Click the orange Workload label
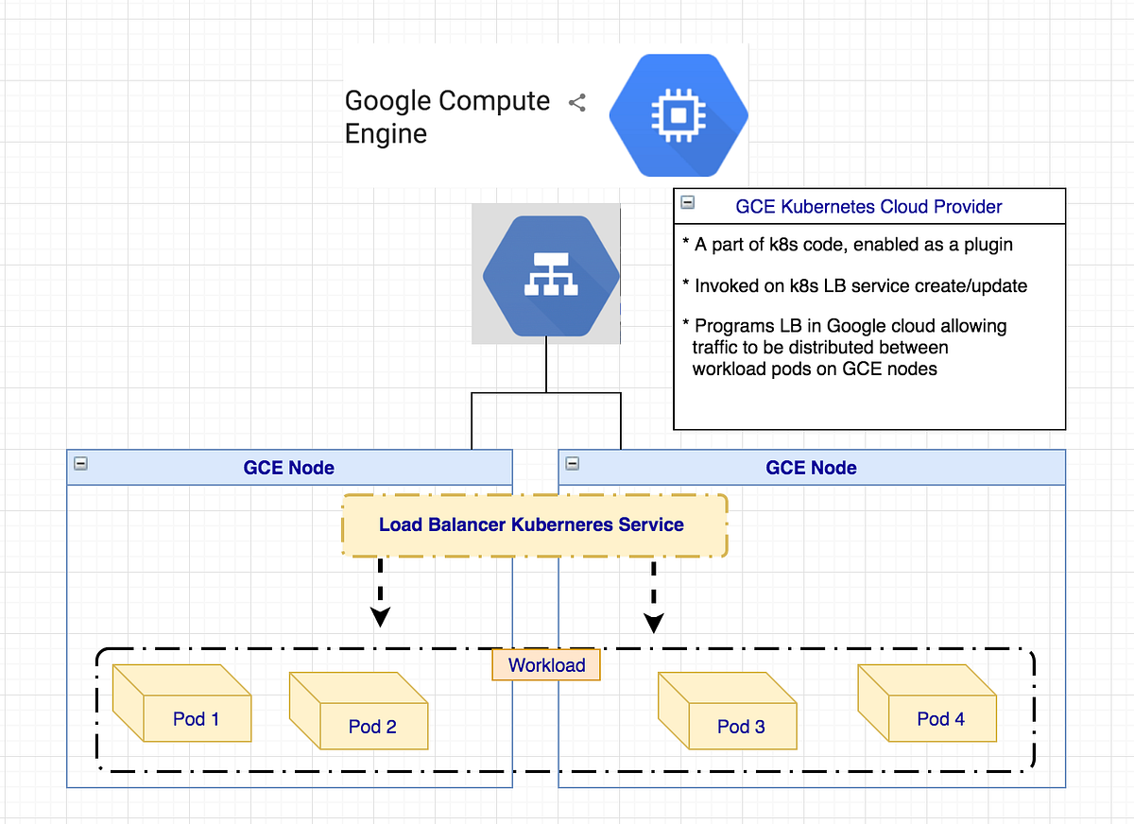coord(546,665)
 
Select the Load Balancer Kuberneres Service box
coord(534,524)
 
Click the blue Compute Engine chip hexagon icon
coord(679,113)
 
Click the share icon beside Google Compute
coord(577,103)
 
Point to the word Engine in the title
coord(386,134)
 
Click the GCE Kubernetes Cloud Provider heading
coord(868,207)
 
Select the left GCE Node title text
coord(288,468)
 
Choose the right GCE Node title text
coord(811,468)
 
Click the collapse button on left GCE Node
coord(80,464)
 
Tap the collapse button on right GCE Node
coord(572,464)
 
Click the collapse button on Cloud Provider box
coord(688,202)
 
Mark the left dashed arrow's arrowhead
coord(380,617)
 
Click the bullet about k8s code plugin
coord(847,245)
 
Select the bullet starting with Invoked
coord(847,285)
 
